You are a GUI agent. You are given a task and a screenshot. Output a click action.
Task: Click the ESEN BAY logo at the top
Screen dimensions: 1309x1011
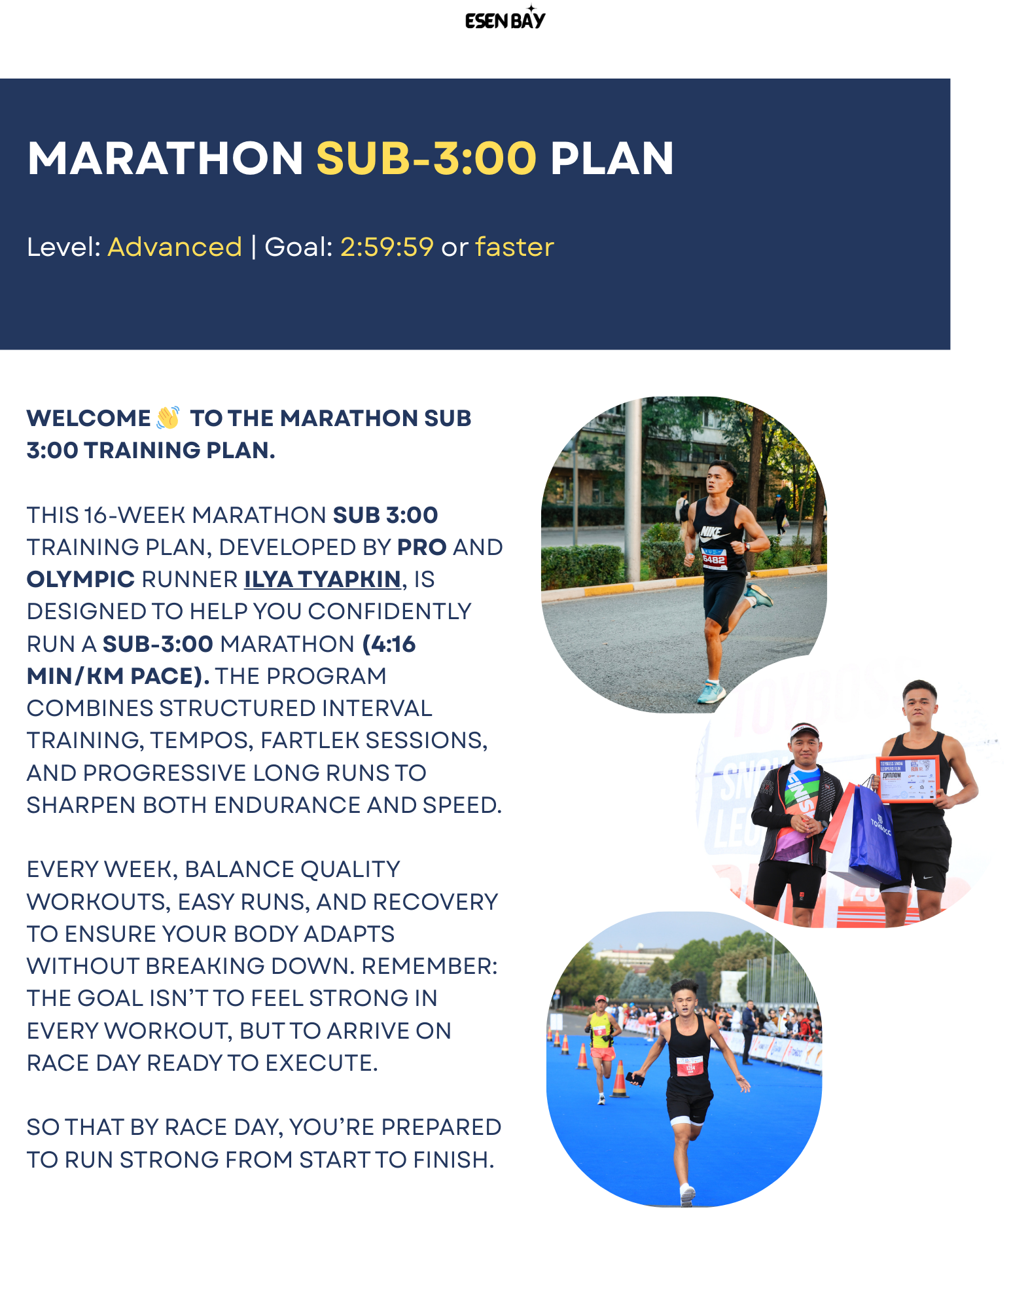coord(505,19)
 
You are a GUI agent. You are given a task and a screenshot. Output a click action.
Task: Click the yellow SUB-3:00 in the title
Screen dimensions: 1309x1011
coord(426,159)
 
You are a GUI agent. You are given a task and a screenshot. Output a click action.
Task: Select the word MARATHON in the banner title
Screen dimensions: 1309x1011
coord(165,159)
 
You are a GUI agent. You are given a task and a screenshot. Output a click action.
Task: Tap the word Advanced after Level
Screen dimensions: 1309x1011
coord(175,247)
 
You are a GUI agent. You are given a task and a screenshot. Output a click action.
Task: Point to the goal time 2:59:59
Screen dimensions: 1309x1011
coord(387,247)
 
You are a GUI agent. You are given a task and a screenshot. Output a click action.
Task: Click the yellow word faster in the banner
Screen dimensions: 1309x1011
coord(514,247)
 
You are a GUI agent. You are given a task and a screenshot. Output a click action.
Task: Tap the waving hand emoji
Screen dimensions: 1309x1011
coord(168,418)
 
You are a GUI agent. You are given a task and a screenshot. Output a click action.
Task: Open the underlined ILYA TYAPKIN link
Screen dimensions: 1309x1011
coord(322,579)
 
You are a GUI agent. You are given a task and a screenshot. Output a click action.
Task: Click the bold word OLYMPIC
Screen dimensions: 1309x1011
coord(80,579)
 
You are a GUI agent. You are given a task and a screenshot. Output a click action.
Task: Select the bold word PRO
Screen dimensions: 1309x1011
coord(422,547)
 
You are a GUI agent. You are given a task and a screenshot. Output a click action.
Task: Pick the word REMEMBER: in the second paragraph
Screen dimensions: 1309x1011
coord(429,966)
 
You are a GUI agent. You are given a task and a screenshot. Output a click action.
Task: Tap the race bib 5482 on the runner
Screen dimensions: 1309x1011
coord(713,559)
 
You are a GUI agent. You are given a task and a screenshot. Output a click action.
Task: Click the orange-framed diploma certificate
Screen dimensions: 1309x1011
coord(907,779)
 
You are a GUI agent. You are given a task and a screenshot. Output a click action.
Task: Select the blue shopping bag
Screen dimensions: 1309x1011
coord(874,835)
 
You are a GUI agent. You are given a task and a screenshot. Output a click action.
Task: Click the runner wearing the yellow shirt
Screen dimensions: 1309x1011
coord(601,1034)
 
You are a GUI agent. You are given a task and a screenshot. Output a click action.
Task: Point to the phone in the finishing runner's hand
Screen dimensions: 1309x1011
coord(634,1078)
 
